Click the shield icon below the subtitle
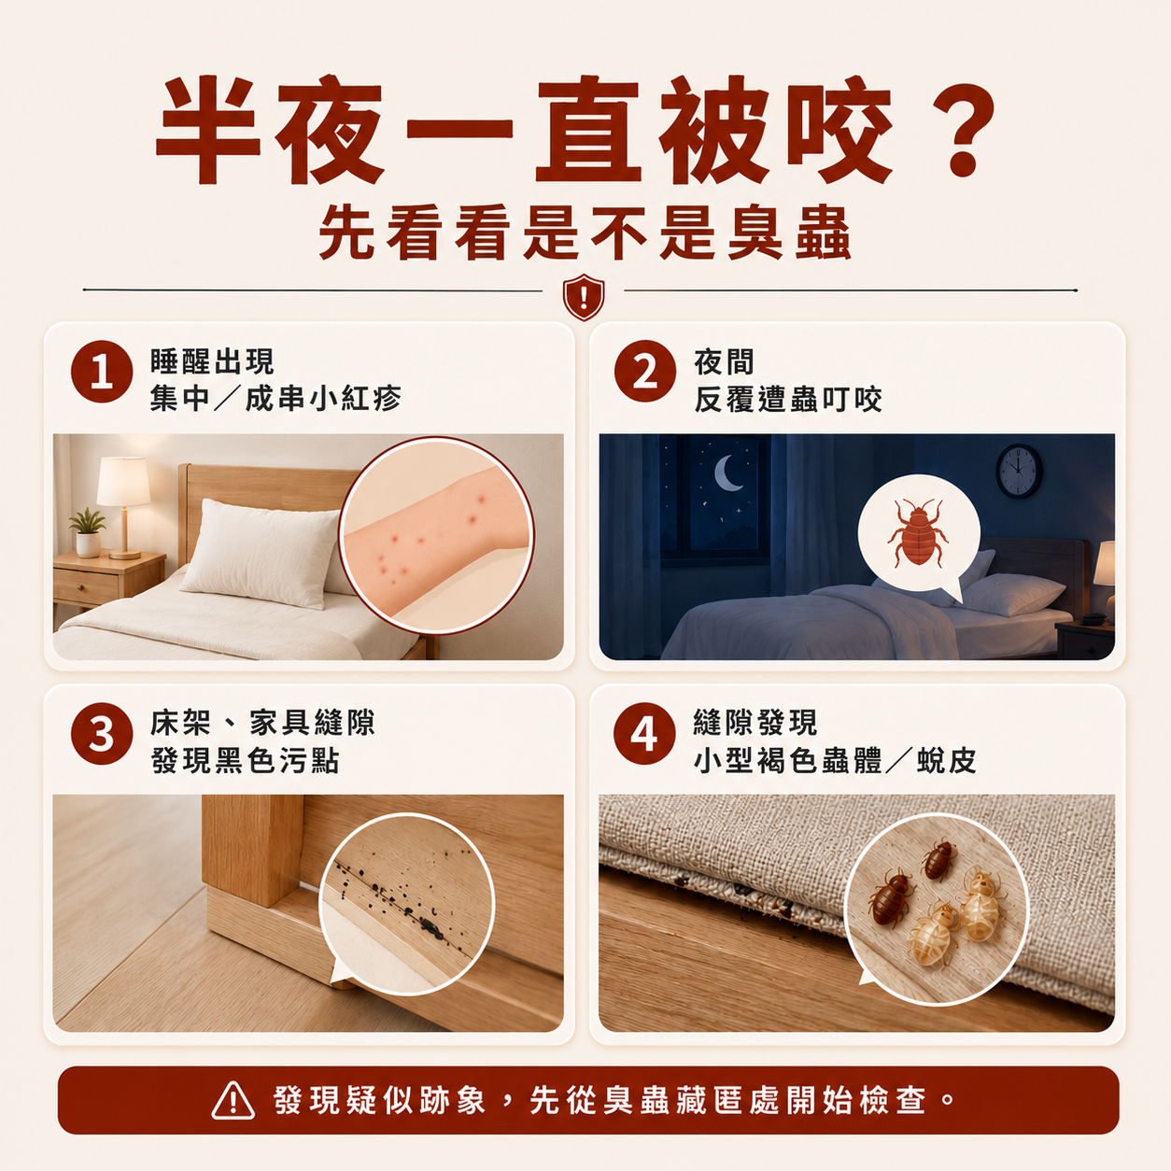(584, 297)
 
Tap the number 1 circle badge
(102, 372)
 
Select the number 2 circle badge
(644, 371)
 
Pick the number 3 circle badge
(102, 733)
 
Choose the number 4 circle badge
(644, 733)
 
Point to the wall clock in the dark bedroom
(1019, 471)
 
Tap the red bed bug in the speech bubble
(918, 533)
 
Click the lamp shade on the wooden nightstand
(123, 481)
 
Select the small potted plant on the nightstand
(88, 532)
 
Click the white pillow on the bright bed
(261, 553)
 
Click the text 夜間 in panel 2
(724, 362)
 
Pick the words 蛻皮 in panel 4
(946, 761)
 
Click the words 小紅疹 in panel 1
(356, 400)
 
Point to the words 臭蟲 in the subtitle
(789, 233)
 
